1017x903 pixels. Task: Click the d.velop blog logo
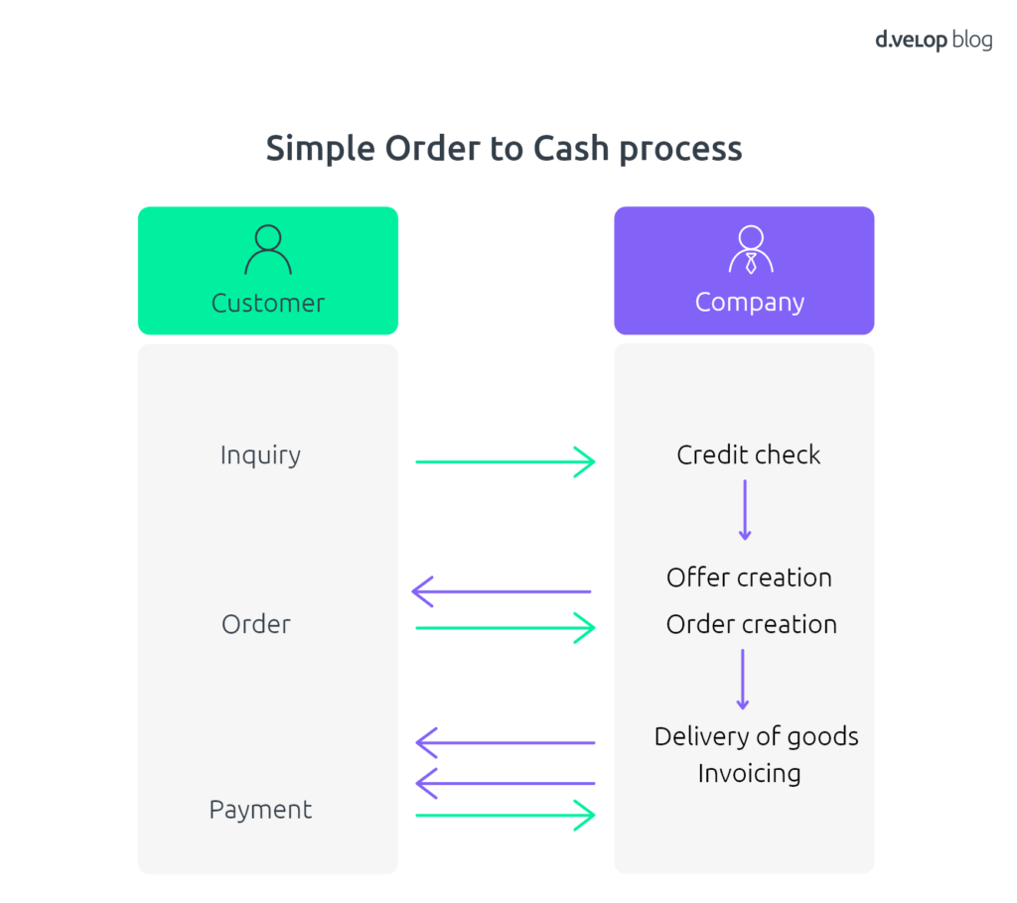[934, 41]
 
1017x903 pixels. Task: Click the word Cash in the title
[571, 149]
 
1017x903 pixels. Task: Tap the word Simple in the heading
[321, 150]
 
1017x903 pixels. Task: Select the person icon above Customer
[268, 250]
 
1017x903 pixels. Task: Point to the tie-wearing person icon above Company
[751, 250]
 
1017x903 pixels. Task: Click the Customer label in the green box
[268, 304]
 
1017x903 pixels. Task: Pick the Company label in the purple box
[750, 303]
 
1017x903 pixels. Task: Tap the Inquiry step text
[261, 455]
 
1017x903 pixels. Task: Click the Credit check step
[749, 455]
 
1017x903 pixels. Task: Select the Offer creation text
[749, 578]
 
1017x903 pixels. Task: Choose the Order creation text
[752, 624]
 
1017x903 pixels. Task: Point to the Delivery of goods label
[756, 737]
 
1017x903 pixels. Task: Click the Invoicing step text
[749, 774]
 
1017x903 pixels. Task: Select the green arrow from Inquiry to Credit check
[506, 461]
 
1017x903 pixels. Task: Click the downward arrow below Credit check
[745, 510]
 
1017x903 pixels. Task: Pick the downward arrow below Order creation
[743, 680]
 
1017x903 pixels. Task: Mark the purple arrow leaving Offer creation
[502, 591]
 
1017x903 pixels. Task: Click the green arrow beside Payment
[506, 815]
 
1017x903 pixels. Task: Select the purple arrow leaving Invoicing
[506, 783]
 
